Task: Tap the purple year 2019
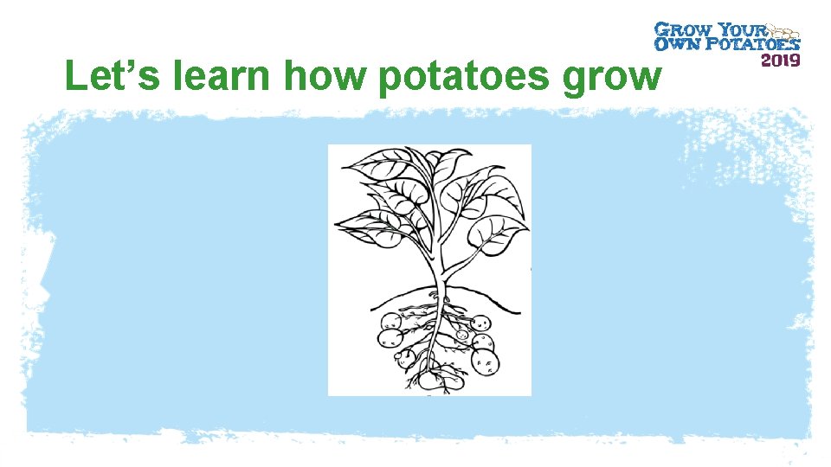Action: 780,60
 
